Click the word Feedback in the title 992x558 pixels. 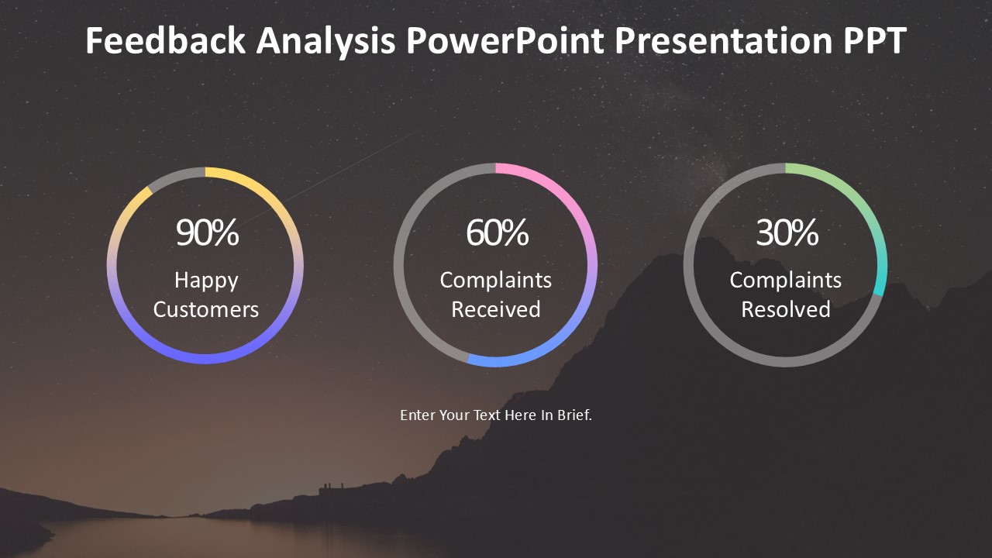click(x=165, y=40)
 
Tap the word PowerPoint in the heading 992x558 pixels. click(x=505, y=40)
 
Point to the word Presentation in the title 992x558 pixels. click(x=724, y=40)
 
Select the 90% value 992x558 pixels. click(x=207, y=232)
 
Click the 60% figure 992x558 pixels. click(x=497, y=232)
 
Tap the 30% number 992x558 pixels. click(x=787, y=232)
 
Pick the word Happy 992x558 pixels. click(x=206, y=281)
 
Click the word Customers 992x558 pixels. click(x=206, y=309)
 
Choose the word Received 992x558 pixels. click(x=496, y=309)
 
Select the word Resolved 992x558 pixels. click(x=786, y=309)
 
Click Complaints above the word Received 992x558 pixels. click(x=496, y=281)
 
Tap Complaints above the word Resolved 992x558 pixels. click(x=786, y=281)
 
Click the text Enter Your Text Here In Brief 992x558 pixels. click(x=496, y=415)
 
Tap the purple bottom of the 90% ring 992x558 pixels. click(x=205, y=359)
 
